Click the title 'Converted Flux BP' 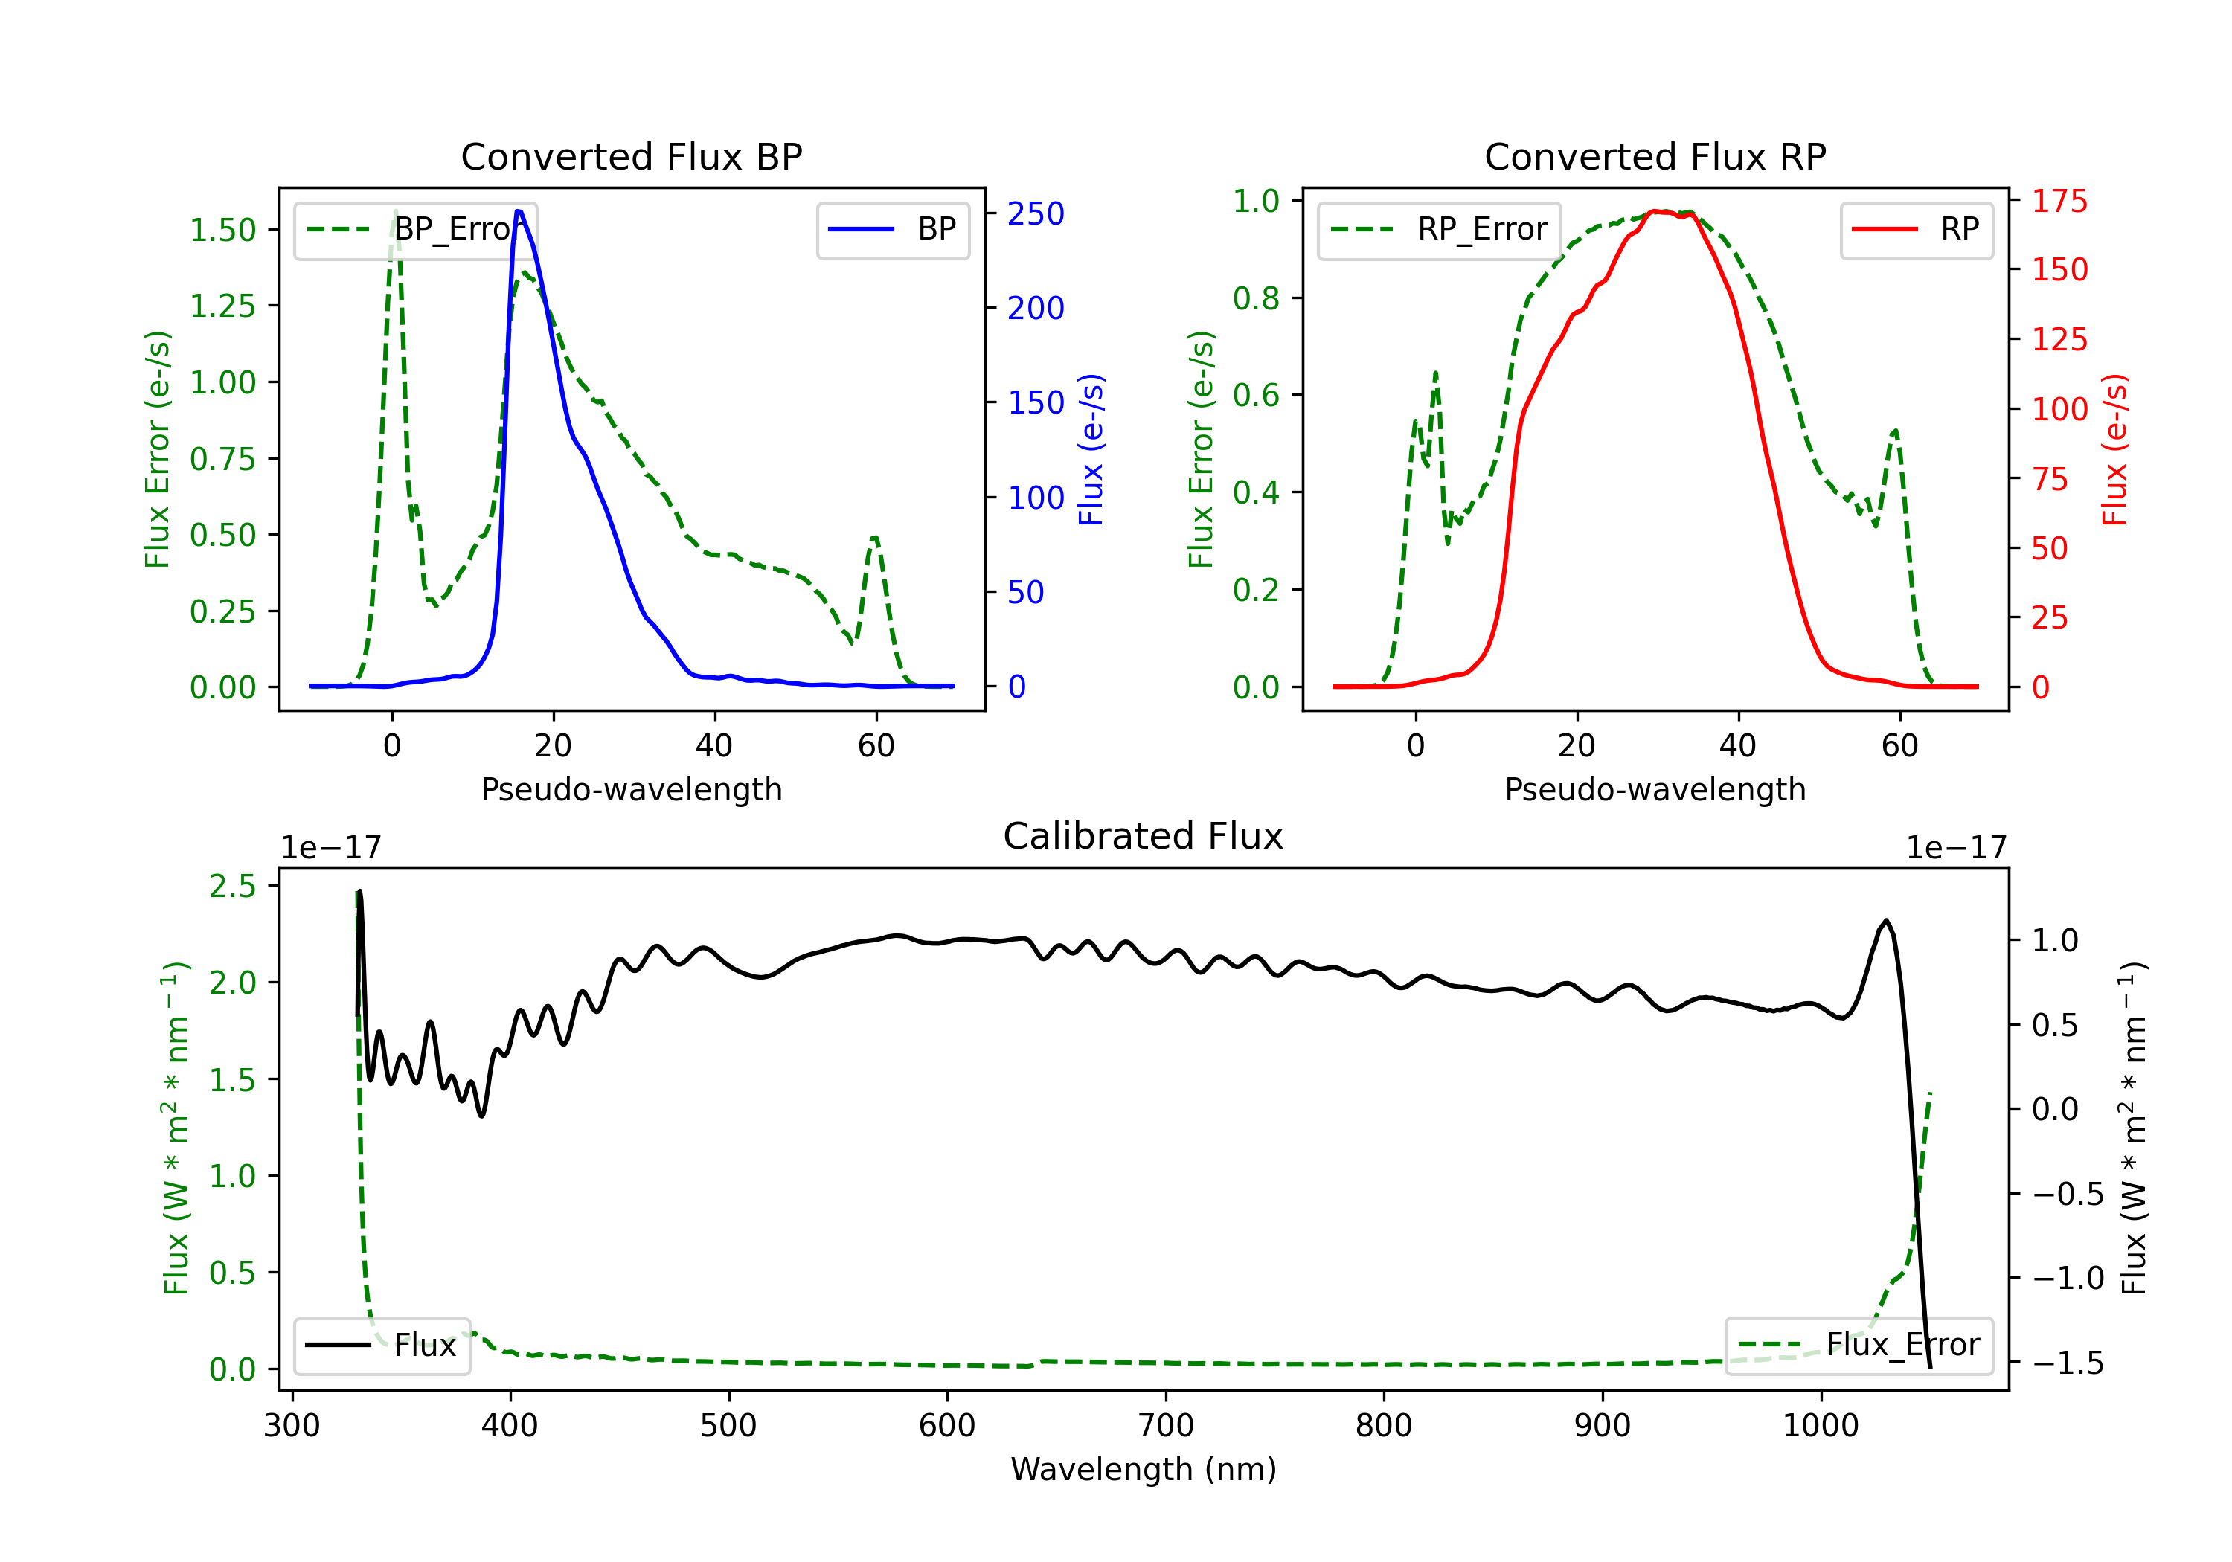(x=631, y=156)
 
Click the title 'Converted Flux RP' (x=1655, y=156)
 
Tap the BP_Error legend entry (x=415, y=229)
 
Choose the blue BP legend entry (x=892, y=229)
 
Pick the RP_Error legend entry (x=1439, y=229)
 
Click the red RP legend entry (x=1916, y=229)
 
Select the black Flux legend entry (x=381, y=1346)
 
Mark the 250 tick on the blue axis (x=1036, y=213)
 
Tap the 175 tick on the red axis (x=2059, y=202)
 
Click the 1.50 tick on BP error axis (x=222, y=231)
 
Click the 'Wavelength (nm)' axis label (x=1144, y=1469)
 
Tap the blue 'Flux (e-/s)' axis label (x=1091, y=449)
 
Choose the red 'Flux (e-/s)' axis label (x=2114, y=449)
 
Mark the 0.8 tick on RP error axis (x=1255, y=298)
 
